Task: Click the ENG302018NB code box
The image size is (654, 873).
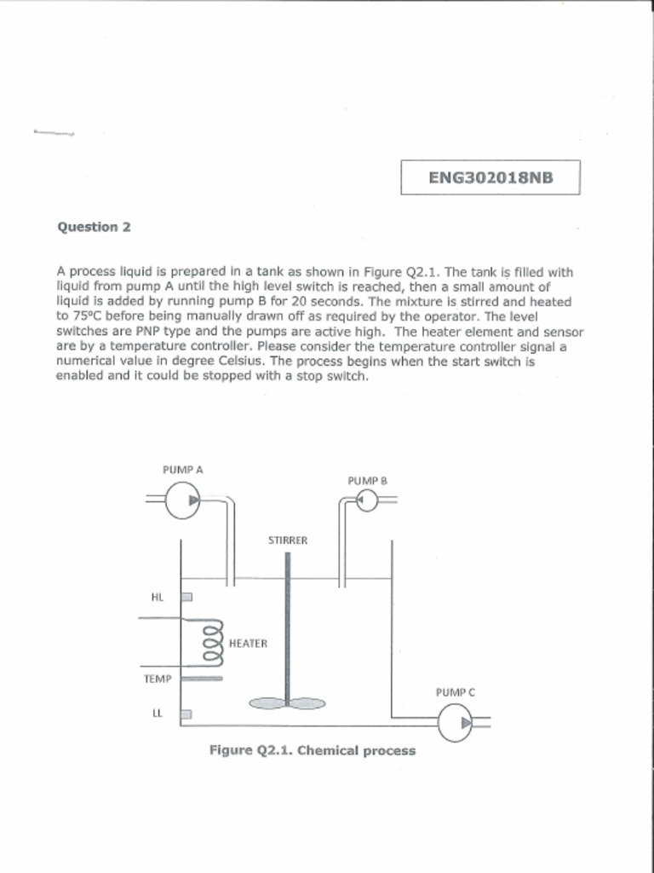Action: pyautogui.click(x=490, y=177)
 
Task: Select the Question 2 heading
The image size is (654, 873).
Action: pyautogui.click(x=94, y=227)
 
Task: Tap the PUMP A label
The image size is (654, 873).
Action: pyautogui.click(x=182, y=469)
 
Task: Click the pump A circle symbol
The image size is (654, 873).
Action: pyautogui.click(x=182, y=500)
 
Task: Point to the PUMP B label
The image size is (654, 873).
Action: pyautogui.click(x=367, y=481)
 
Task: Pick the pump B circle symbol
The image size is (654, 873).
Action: pyautogui.click(x=367, y=500)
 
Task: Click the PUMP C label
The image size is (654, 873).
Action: pyautogui.click(x=455, y=692)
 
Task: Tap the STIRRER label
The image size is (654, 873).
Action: pyautogui.click(x=288, y=541)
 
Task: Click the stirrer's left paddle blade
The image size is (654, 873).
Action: pyautogui.click(x=267, y=703)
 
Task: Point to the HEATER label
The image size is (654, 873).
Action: pyautogui.click(x=249, y=644)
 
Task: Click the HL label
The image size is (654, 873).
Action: pyautogui.click(x=157, y=597)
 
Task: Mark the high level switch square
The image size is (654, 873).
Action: pyautogui.click(x=187, y=597)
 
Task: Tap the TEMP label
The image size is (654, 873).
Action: pyautogui.click(x=157, y=679)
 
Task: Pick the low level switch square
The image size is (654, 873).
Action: pyautogui.click(x=187, y=714)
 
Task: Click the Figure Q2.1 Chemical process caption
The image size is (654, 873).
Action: pyautogui.click(x=313, y=751)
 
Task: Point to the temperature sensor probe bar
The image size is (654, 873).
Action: pyautogui.click(x=203, y=679)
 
